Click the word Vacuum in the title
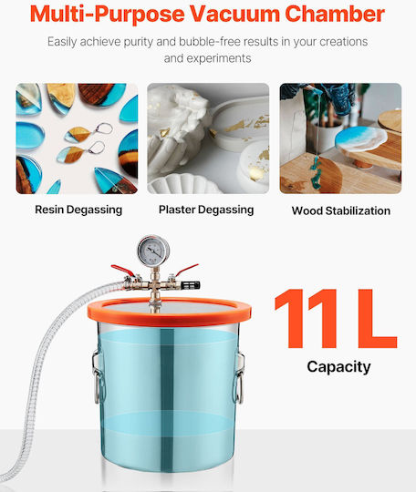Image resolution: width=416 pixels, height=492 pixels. [234, 14]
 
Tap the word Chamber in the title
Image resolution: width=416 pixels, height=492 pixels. [335, 14]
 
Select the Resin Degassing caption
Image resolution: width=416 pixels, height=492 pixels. [78, 210]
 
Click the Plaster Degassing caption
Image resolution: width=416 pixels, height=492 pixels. [206, 210]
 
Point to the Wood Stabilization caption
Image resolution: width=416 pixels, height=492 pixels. [341, 210]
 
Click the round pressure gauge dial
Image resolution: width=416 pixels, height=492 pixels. [153, 251]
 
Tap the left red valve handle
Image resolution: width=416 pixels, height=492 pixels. [123, 270]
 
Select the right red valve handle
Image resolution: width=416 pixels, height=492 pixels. [187, 270]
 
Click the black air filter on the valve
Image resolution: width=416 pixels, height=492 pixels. [194, 285]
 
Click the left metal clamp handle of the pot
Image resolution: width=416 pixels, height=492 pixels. [97, 376]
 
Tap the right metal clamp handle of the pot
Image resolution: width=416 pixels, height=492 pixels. [239, 377]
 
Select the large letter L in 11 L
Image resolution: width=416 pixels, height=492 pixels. [377, 319]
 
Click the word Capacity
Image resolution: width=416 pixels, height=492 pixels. [338, 367]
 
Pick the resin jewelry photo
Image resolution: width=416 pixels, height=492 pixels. [77, 138]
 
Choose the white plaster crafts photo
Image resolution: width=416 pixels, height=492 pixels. [208, 138]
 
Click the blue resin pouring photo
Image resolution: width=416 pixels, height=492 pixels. [340, 138]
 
